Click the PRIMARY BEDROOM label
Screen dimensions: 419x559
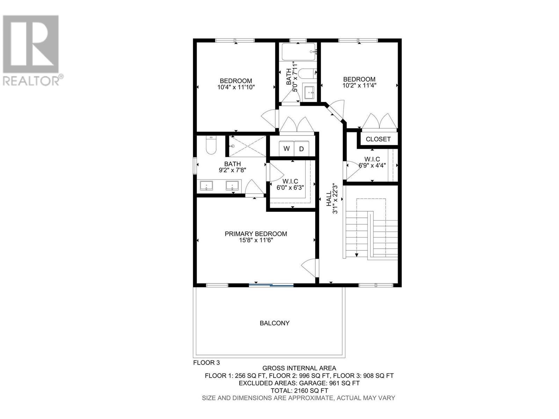click(256, 234)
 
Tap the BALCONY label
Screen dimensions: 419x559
click(275, 323)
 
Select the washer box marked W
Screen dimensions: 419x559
click(286, 148)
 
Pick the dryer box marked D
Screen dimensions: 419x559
click(302, 149)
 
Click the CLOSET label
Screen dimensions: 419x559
click(378, 139)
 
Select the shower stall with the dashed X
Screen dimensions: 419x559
click(247, 146)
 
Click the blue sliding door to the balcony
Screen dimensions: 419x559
click(271, 285)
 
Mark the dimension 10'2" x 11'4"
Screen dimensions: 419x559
click(359, 85)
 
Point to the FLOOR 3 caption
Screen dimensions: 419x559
click(206, 363)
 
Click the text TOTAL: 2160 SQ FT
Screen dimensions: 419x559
click(299, 390)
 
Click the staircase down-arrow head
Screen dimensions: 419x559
click(356, 255)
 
